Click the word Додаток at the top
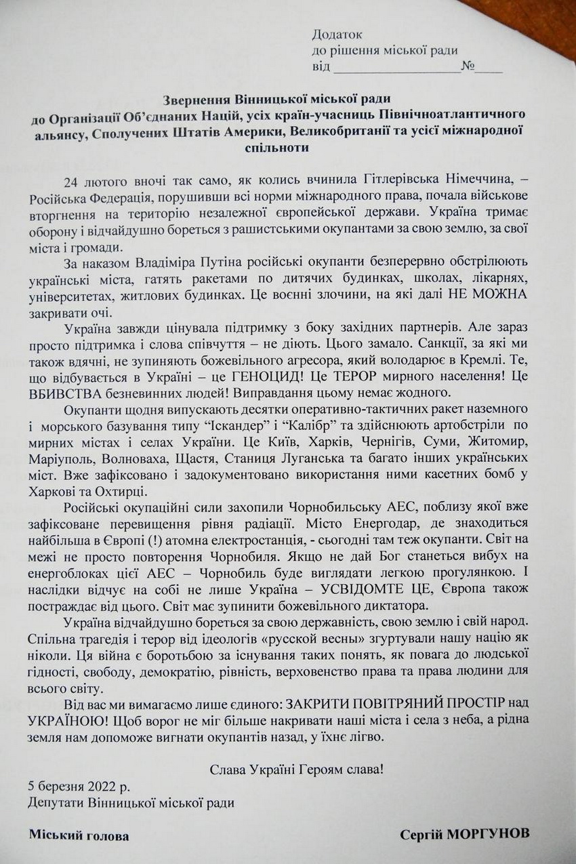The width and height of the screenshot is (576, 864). point(337,35)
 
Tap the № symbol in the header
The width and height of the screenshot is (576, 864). point(467,66)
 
